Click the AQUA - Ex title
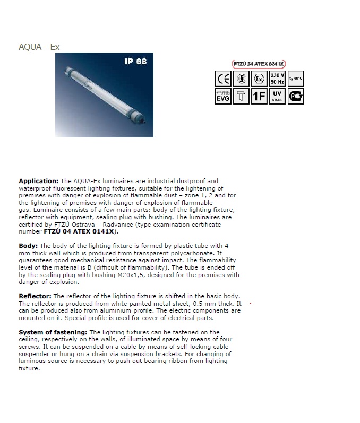tap(39, 47)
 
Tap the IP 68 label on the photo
tap(136, 62)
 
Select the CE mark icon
tap(223, 79)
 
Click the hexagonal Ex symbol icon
tap(259, 79)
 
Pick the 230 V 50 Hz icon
tap(277, 79)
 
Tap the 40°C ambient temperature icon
tap(296, 79)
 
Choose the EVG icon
tap(223, 96)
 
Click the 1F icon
tap(259, 96)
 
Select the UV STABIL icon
tap(277, 96)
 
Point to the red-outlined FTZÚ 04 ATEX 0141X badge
tap(259, 64)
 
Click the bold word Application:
tap(39, 181)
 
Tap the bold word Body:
tap(28, 246)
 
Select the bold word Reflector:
tap(35, 296)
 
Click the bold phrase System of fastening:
tap(53, 332)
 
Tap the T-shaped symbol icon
tap(241, 96)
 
